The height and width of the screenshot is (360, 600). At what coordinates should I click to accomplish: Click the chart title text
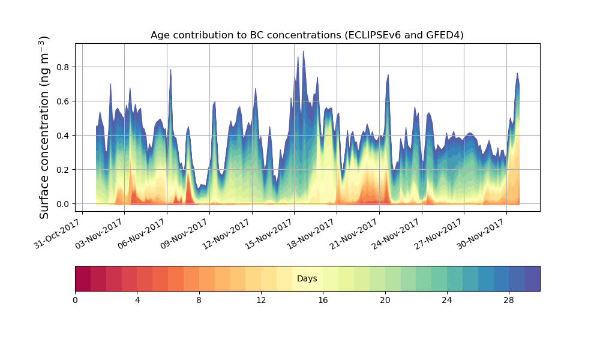click(x=307, y=35)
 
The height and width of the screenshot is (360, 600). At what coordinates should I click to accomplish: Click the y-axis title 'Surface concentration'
click(x=44, y=127)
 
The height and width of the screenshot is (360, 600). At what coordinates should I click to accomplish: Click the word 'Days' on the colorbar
click(x=307, y=279)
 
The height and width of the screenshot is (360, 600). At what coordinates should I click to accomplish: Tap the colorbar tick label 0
click(x=75, y=300)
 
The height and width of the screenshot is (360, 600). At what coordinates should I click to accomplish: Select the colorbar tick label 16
click(x=323, y=300)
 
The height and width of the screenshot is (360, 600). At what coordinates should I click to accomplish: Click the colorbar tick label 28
click(x=509, y=300)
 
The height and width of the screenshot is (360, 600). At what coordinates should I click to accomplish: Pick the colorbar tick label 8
click(x=199, y=300)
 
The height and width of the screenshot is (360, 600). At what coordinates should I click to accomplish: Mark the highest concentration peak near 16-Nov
click(x=303, y=52)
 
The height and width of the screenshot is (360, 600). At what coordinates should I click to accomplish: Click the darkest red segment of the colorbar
click(x=83, y=279)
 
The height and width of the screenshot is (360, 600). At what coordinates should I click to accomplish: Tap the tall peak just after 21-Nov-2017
click(x=388, y=76)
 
